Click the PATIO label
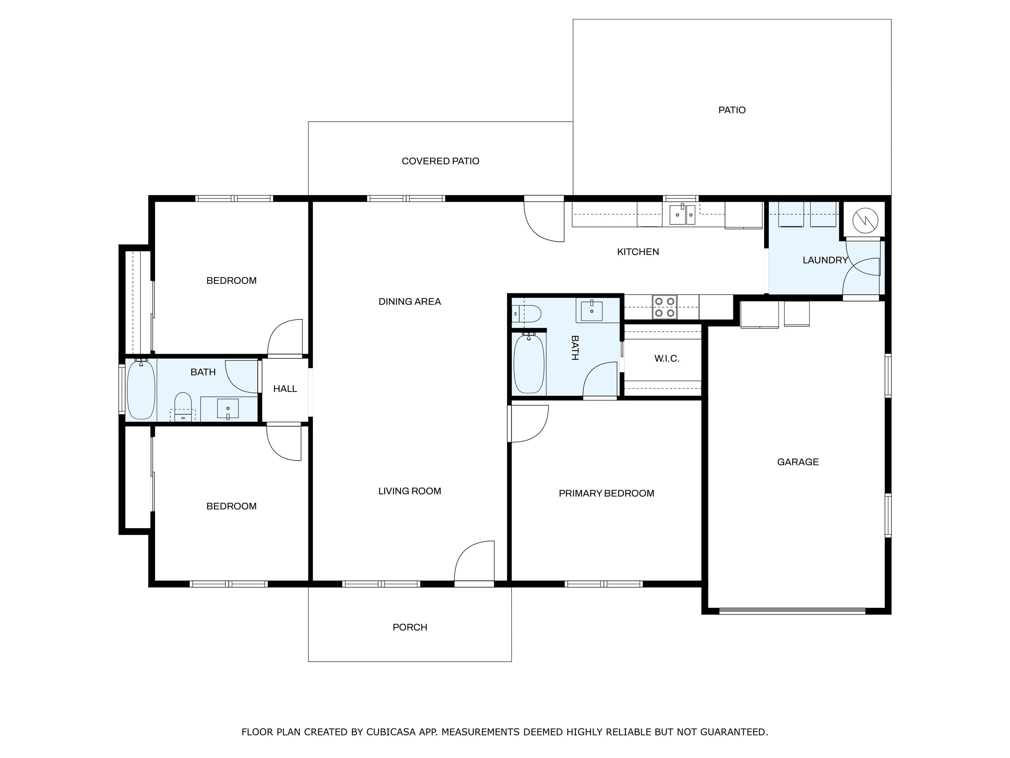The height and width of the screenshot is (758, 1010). [732, 110]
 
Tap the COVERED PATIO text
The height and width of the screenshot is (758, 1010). [440, 161]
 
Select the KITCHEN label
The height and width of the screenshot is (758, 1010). [638, 252]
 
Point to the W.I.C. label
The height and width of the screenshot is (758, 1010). [667, 359]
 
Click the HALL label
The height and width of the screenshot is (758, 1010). [285, 389]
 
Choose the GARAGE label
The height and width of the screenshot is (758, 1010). [798, 462]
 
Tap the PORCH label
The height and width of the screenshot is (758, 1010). [410, 627]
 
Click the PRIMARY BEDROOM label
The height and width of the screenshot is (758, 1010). [606, 493]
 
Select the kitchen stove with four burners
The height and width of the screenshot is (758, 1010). [664, 307]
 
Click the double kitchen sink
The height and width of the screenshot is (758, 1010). [682, 215]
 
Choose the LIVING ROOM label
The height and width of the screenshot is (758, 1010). [410, 491]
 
